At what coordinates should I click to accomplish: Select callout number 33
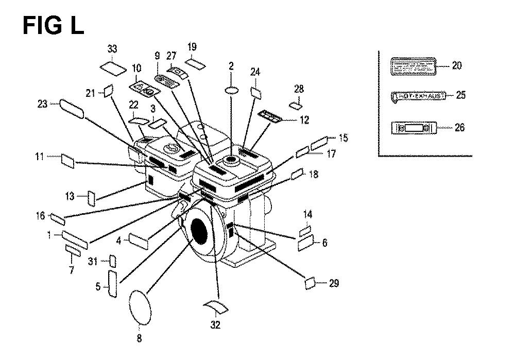(x=112, y=49)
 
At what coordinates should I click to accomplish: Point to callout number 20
(x=457, y=65)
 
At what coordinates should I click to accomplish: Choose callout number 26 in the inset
(x=459, y=127)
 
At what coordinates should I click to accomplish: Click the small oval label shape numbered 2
(x=231, y=90)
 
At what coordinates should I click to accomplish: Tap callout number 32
(x=215, y=325)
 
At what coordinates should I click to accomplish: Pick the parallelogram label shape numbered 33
(x=112, y=68)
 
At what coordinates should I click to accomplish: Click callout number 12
(x=304, y=120)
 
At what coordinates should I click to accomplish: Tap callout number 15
(x=344, y=138)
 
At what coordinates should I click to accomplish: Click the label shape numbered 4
(x=139, y=241)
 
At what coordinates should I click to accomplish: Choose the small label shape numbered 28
(x=296, y=106)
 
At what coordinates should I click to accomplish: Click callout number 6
(x=324, y=243)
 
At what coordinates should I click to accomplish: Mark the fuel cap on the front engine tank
(x=230, y=161)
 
